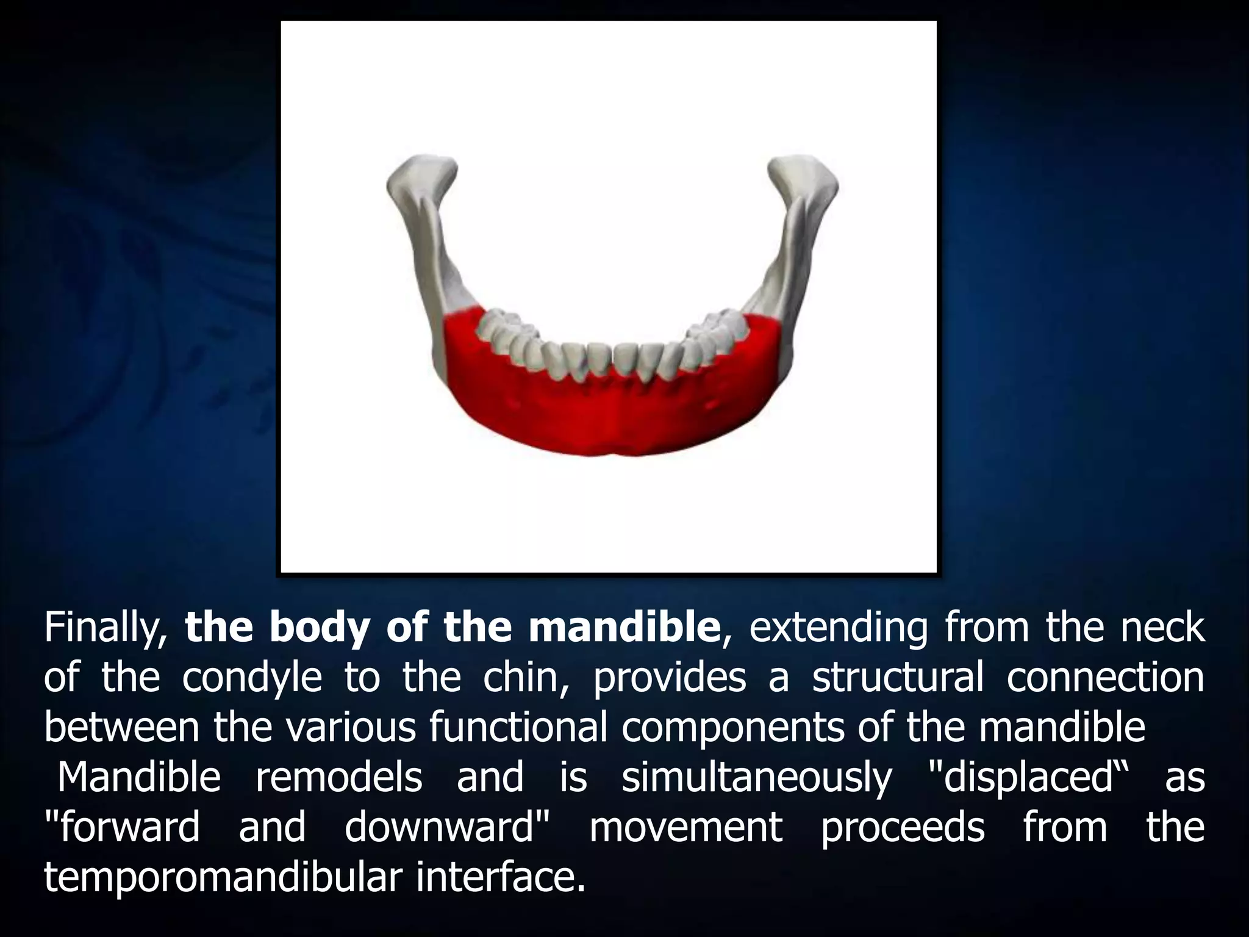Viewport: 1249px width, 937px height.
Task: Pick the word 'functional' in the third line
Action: point(518,727)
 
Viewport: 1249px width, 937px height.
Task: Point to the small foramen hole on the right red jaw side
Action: point(711,403)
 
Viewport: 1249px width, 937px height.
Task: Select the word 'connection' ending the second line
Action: point(1105,678)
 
